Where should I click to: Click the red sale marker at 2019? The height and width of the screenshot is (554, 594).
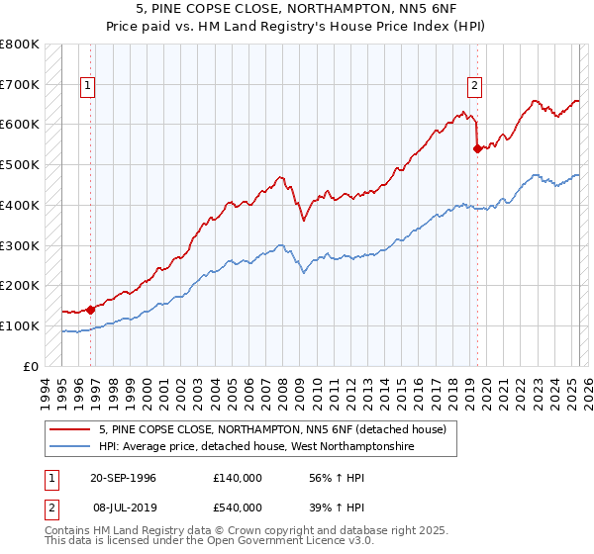click(477, 148)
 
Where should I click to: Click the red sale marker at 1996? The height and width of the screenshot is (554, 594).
click(90, 309)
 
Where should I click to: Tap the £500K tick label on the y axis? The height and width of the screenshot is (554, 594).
click(19, 164)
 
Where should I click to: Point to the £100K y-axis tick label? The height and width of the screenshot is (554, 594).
click(19, 325)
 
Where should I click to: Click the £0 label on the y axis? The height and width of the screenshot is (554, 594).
click(29, 366)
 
